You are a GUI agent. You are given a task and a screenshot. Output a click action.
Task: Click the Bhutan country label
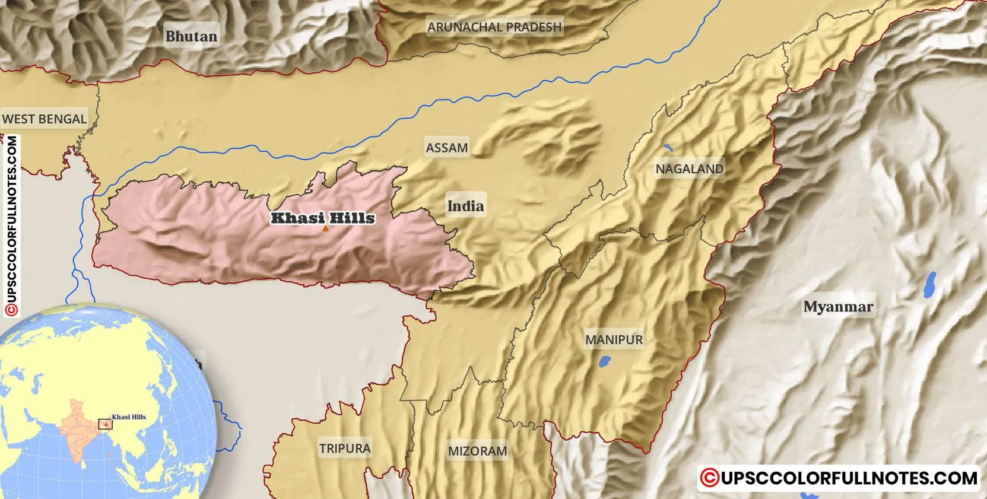tap(191, 36)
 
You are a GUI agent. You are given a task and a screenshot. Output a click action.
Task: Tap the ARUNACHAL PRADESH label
tap(494, 27)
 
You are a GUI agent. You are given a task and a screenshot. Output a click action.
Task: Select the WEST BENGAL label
tap(45, 119)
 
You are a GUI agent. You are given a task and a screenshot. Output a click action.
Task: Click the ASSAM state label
tap(447, 147)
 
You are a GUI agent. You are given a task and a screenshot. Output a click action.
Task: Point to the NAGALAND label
tap(690, 169)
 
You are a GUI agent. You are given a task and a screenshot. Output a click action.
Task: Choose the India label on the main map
tap(465, 206)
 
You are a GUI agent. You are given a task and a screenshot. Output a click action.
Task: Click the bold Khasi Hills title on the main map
tap(323, 218)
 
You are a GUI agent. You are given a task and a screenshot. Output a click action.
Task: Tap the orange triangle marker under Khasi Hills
tap(325, 228)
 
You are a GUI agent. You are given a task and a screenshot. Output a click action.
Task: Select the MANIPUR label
tap(614, 339)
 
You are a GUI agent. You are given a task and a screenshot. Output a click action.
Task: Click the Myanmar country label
tap(838, 307)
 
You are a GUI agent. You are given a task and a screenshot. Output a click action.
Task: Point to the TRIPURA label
tap(345, 448)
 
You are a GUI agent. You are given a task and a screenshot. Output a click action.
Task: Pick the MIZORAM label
tap(477, 451)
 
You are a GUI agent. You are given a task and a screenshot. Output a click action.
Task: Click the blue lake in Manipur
tap(605, 360)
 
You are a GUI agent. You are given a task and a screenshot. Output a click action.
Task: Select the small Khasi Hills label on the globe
tap(129, 417)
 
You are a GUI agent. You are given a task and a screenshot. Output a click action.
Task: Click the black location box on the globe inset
tap(105, 424)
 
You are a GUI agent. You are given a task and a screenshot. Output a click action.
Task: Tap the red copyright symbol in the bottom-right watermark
tap(707, 478)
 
